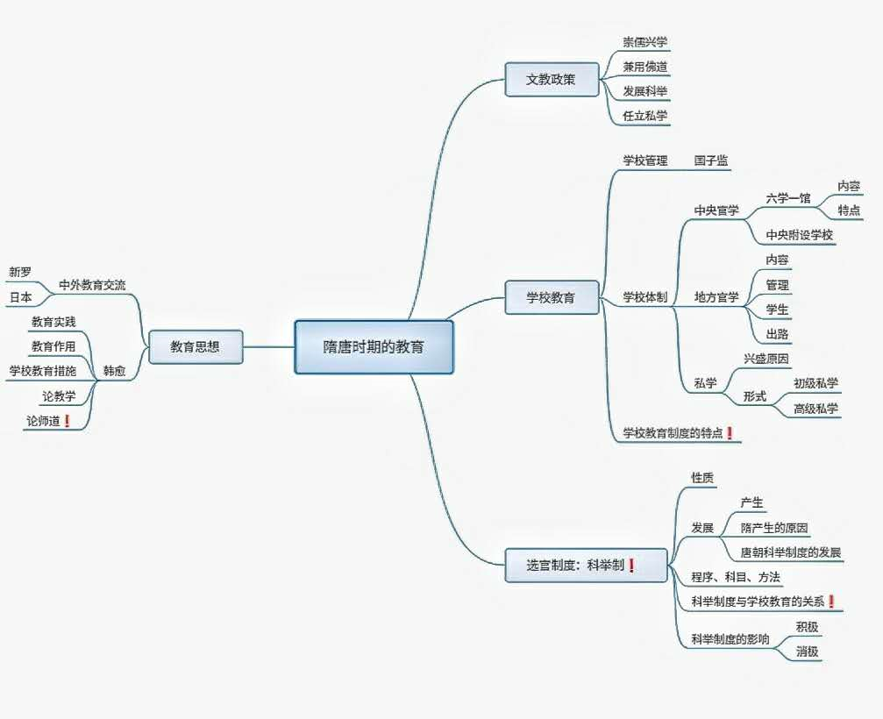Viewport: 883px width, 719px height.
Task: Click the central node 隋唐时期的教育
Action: pos(374,347)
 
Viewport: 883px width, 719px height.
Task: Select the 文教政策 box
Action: pos(551,79)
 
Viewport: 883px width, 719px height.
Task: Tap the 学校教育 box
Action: pos(551,297)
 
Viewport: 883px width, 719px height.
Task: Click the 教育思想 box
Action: pos(195,347)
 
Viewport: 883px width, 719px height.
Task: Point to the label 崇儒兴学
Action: pos(645,42)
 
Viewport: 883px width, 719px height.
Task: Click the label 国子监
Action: pos(711,161)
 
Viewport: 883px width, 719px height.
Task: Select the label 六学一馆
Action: pos(787,198)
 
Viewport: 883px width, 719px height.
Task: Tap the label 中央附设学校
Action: pos(799,235)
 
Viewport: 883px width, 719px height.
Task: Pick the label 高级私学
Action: pos(815,409)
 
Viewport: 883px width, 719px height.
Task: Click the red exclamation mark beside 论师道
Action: pos(67,422)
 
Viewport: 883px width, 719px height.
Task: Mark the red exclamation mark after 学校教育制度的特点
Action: pos(730,433)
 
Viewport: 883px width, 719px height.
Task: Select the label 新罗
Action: pos(20,272)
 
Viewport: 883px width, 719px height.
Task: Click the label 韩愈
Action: pos(114,371)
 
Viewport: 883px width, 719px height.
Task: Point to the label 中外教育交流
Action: pos(92,285)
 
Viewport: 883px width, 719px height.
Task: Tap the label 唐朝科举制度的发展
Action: pos(790,552)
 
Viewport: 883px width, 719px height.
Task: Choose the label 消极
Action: pos(807,651)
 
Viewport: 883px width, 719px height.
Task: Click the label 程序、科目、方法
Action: pos(736,577)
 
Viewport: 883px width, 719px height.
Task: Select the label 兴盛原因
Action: pos(766,359)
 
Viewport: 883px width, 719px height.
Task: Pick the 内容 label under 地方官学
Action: pos(777,260)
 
